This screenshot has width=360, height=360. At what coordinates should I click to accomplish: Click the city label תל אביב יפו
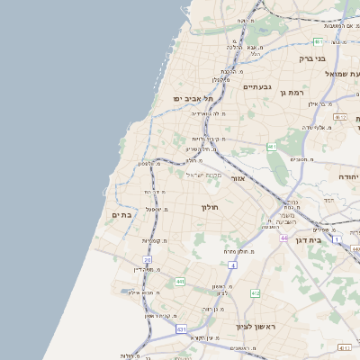(x=193, y=98)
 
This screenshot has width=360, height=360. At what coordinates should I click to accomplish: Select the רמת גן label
(x=295, y=92)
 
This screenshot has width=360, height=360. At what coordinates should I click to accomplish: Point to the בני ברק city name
(x=310, y=58)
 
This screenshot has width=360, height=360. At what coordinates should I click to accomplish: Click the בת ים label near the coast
(x=122, y=215)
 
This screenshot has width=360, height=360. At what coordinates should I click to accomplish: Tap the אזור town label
(x=238, y=179)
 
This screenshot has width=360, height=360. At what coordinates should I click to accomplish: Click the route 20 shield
(x=147, y=260)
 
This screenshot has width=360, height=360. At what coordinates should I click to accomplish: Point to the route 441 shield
(x=180, y=282)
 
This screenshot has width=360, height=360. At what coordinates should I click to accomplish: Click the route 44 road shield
(x=283, y=238)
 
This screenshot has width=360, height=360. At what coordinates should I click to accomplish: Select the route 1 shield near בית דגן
(x=337, y=239)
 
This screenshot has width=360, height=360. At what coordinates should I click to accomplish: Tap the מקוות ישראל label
(x=203, y=175)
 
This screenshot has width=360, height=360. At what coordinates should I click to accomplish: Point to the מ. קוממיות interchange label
(x=157, y=241)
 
